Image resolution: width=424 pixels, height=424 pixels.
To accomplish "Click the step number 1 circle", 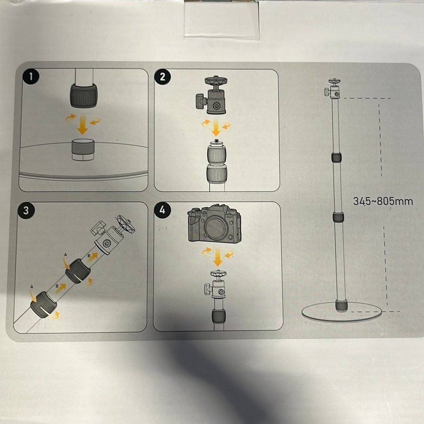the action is [x=31, y=76].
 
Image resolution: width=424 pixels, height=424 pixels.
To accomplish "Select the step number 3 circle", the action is [x=26, y=211].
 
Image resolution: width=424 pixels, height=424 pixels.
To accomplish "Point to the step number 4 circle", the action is [x=162, y=210].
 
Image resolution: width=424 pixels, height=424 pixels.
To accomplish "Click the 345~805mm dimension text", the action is [x=383, y=201].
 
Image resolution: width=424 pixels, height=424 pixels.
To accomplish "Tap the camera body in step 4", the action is [x=214, y=223].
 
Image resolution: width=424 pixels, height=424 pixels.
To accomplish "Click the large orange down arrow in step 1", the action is [x=82, y=125].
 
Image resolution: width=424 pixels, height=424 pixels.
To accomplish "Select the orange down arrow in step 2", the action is [x=216, y=128].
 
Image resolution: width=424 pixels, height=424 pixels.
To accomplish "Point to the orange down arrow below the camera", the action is [x=217, y=257].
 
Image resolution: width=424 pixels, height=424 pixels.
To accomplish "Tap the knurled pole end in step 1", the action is [x=84, y=96].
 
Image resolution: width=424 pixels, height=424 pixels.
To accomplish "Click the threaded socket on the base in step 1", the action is [x=83, y=149].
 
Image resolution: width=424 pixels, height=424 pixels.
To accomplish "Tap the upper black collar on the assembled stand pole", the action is [x=336, y=157].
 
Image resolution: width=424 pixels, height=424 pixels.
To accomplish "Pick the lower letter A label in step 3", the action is [x=32, y=286].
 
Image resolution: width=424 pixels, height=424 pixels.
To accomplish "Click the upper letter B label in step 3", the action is [x=89, y=256].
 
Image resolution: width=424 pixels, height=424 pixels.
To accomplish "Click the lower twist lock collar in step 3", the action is [x=43, y=304].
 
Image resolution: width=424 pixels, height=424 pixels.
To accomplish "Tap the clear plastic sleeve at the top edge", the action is [x=221, y=19].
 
